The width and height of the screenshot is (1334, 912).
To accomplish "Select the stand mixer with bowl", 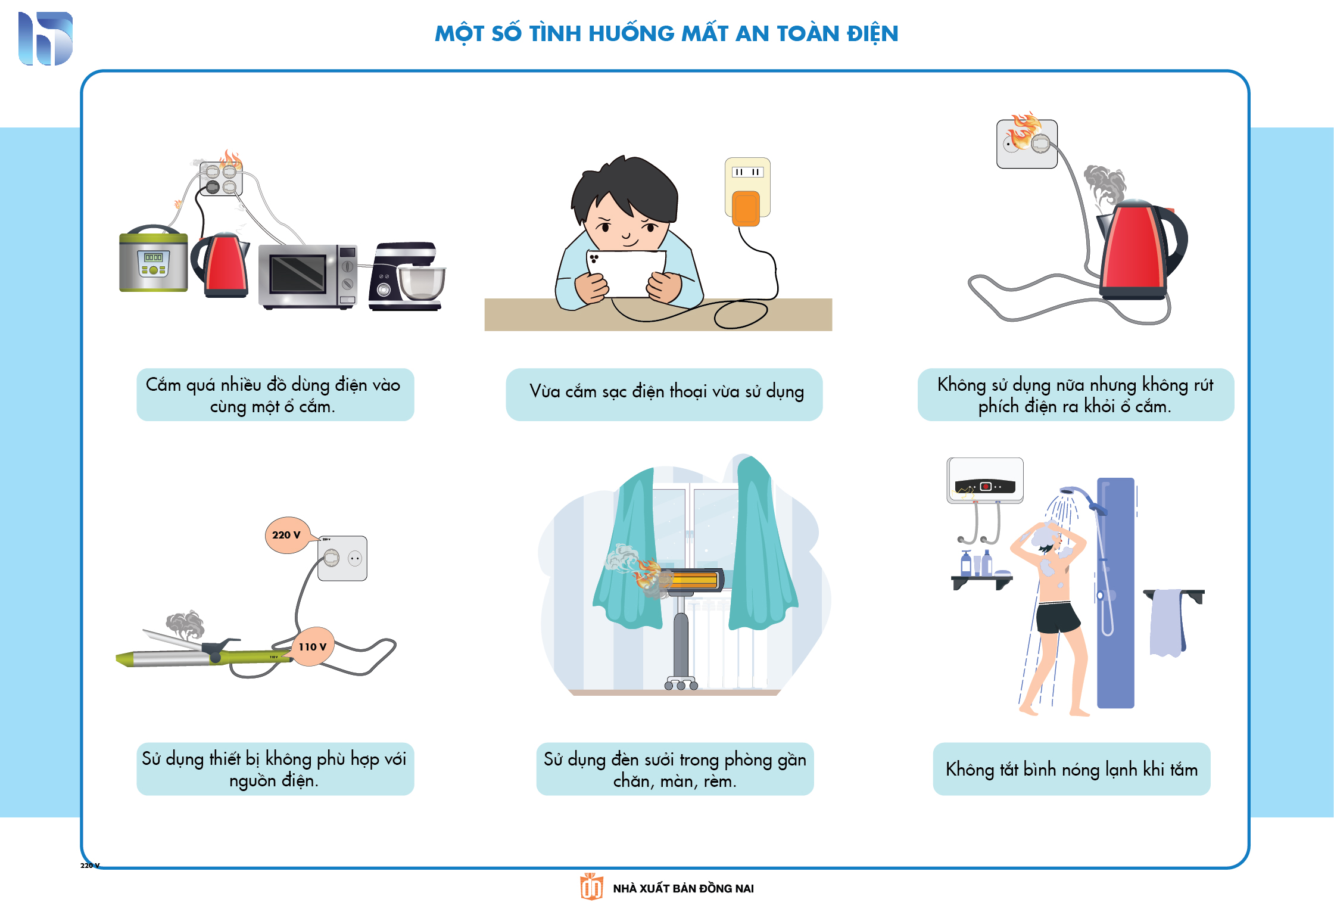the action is coord(407,276).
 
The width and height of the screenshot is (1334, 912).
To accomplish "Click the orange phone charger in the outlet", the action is coord(746,208).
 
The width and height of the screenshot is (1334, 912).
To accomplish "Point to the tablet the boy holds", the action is coord(626,273).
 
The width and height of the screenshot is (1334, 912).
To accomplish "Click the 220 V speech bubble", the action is coord(288,535).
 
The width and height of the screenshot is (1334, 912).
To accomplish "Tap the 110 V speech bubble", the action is coord(311,647).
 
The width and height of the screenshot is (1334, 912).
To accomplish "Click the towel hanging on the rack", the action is coord(1167,622).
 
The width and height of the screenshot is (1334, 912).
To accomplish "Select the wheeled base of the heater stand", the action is coord(681,683).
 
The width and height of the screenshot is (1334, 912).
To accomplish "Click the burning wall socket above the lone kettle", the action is coord(1027,144).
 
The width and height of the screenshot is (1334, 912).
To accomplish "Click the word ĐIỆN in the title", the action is coord(872,34).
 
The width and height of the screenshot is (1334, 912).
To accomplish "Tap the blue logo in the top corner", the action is coord(45,39).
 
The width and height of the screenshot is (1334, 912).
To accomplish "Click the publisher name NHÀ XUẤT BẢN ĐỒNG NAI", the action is coord(683,889).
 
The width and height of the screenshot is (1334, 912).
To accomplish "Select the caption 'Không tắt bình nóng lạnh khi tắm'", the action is coord(1071,769).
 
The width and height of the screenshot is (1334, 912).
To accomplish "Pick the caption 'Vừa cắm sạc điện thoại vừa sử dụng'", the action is coord(666,391).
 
